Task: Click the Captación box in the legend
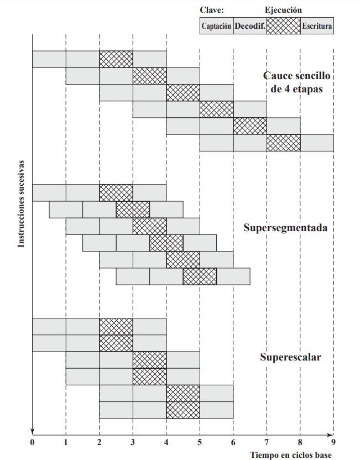(x=216, y=26)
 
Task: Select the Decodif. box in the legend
(x=250, y=26)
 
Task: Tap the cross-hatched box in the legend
(x=283, y=26)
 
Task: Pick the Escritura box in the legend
(x=317, y=26)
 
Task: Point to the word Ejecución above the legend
(x=283, y=10)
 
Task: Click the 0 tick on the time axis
(x=33, y=442)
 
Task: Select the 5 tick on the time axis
(x=200, y=442)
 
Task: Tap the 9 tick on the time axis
(x=333, y=442)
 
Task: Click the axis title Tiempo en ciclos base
(x=292, y=454)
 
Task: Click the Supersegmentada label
(x=285, y=227)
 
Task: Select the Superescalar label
(x=290, y=357)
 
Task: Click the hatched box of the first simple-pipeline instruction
(x=116, y=59)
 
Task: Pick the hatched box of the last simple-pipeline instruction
(x=283, y=143)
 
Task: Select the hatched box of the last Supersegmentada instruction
(x=200, y=276)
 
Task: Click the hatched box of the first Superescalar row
(x=116, y=326)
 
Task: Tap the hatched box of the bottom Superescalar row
(x=183, y=410)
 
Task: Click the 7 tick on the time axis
(x=267, y=442)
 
